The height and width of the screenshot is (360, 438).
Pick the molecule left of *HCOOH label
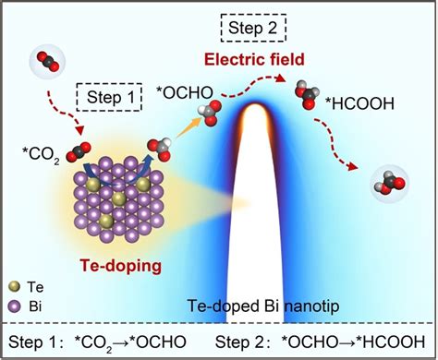click(x=307, y=94)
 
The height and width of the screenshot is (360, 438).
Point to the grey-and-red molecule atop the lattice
click(x=158, y=148)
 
